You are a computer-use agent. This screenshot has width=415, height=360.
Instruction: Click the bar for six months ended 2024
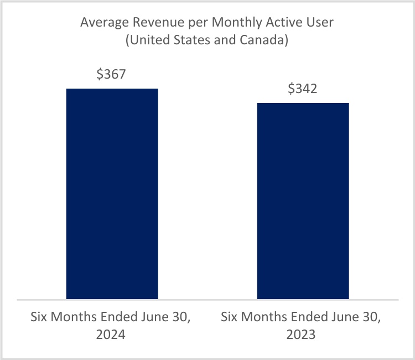112,194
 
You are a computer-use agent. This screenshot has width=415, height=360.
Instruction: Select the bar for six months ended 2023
303,201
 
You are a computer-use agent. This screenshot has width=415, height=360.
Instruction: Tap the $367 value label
112,75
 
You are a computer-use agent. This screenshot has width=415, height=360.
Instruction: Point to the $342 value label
303,89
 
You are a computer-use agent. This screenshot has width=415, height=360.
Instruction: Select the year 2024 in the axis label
112,335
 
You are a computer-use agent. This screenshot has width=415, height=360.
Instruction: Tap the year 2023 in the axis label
303,335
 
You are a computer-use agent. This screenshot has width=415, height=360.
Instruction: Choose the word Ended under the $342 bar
313,318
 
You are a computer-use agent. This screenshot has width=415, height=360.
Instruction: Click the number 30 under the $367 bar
183,318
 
